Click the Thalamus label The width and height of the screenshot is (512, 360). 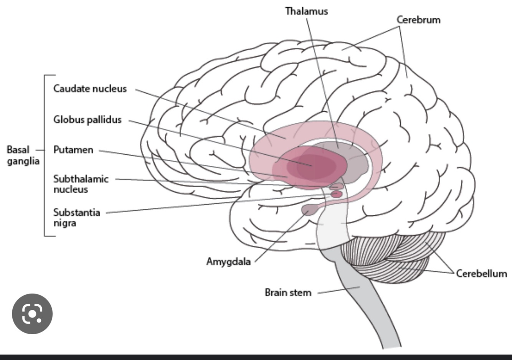click(x=306, y=11)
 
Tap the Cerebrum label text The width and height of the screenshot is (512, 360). click(x=418, y=20)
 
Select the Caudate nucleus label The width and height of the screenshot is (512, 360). click(x=90, y=89)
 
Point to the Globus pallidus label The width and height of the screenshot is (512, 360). click(x=88, y=120)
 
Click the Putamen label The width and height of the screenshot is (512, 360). click(x=73, y=150)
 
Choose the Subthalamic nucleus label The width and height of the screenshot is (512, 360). click(x=81, y=184)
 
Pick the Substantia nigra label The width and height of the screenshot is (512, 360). click(x=76, y=218)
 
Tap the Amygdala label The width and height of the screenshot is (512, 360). click(x=228, y=262)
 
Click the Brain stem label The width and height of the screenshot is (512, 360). click(x=288, y=292)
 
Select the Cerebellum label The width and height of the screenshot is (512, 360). click(x=481, y=273)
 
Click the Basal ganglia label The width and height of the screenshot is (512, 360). click(x=23, y=155)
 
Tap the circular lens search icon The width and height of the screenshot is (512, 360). click(x=32, y=314)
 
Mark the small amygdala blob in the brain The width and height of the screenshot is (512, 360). click(x=309, y=210)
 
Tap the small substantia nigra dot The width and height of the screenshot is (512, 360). click(x=337, y=194)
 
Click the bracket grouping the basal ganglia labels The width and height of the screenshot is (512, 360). click(x=45, y=155)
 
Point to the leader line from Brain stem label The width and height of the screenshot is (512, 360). click(x=338, y=289)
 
